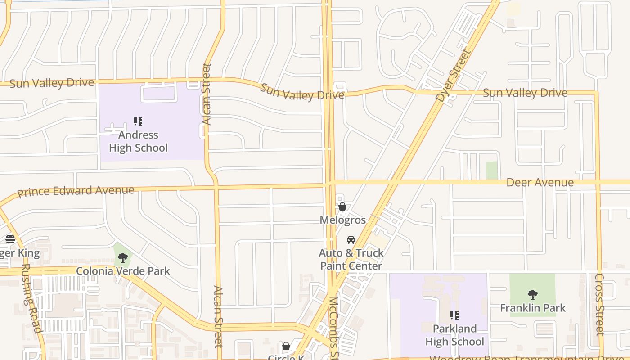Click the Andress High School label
point(138,141)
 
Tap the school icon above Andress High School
point(138,121)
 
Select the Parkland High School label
point(454,335)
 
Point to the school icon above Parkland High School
point(454,315)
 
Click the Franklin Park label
point(533,308)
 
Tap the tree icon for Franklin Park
point(533,295)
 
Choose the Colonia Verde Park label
point(123,271)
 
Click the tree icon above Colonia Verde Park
point(122,258)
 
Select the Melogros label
point(342,220)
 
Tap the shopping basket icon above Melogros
point(342,207)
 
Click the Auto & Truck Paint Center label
point(351,259)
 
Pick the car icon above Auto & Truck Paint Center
point(351,240)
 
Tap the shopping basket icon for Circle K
point(286,346)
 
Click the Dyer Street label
point(454,75)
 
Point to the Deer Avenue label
point(540,182)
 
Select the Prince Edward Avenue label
point(76,191)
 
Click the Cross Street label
point(600,304)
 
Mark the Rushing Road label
point(31,298)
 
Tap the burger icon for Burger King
point(10,239)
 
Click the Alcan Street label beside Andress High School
point(207,94)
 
